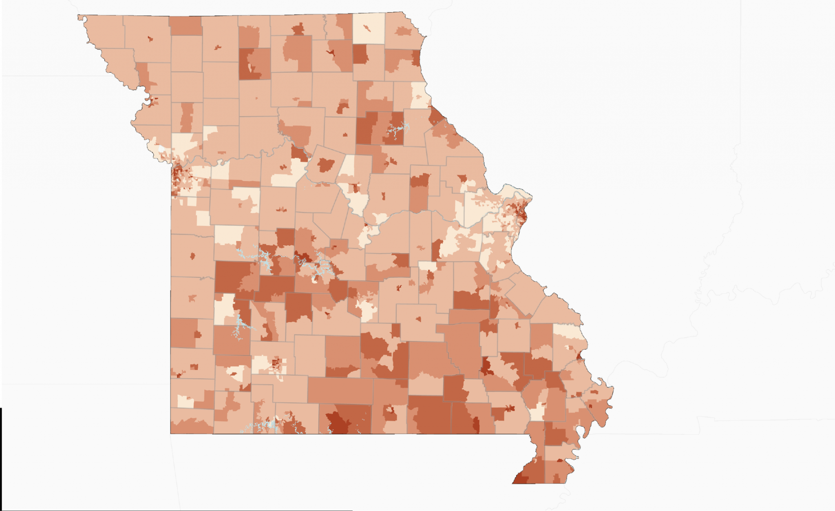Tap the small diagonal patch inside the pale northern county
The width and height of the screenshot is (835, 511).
coord(368,29)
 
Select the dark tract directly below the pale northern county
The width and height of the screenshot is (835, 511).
coord(360,54)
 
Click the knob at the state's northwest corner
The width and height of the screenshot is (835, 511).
coord(80,18)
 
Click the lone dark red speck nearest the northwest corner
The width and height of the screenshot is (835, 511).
coord(150,39)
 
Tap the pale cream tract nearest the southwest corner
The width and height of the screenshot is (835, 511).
coord(186,402)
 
